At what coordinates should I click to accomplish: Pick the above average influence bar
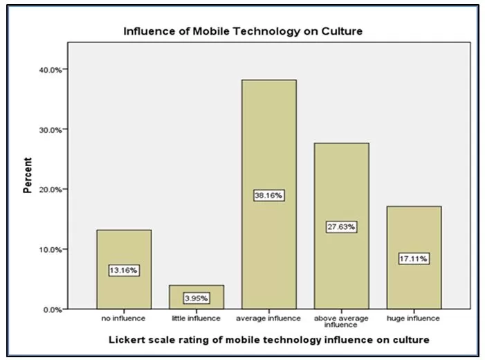(x=341, y=194)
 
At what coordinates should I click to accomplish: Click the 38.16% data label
(x=268, y=196)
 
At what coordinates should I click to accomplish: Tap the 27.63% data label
(x=341, y=226)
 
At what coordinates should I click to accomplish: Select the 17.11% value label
(x=414, y=258)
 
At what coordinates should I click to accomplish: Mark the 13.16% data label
(x=124, y=270)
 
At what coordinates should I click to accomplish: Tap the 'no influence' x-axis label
(x=124, y=318)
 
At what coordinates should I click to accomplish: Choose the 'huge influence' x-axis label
(x=414, y=318)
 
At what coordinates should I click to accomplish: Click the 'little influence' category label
(x=196, y=318)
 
